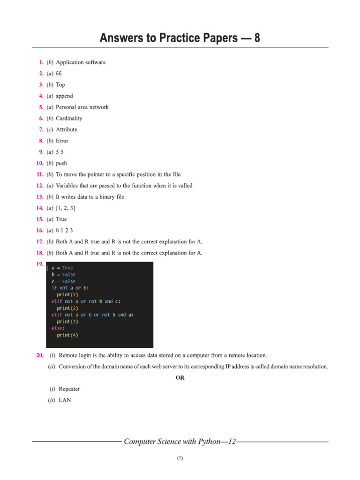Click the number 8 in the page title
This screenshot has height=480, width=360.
coord(256,38)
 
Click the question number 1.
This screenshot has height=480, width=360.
coord(41,62)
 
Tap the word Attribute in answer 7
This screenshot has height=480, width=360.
coord(67,130)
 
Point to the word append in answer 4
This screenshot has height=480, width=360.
coord(64,96)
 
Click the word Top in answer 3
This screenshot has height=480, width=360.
coord(60,85)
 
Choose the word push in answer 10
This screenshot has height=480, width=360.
coord(61,164)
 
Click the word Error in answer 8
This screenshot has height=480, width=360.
coord(62,141)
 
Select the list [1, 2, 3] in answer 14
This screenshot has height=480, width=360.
coord(66,208)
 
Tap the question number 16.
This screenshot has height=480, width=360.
coord(40,231)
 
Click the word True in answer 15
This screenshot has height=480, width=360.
coord(61,219)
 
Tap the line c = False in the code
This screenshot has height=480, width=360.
coord(63,281)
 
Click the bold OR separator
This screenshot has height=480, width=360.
coord(180,378)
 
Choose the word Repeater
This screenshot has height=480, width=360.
coord(69,389)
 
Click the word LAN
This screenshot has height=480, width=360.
coord(65,401)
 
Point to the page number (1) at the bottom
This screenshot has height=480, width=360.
coord(180,458)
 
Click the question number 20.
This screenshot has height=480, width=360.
coord(40,356)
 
